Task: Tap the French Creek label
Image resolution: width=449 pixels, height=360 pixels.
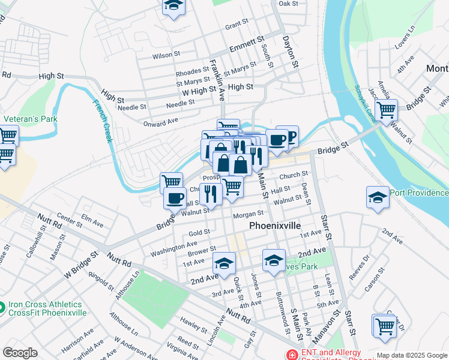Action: click(101, 121)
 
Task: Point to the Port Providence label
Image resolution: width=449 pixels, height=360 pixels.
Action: click(419, 193)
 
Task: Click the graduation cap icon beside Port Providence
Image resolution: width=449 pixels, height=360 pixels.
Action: click(378, 197)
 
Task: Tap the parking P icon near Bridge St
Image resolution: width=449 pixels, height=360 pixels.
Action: click(289, 136)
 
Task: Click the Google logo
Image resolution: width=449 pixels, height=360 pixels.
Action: click(20, 353)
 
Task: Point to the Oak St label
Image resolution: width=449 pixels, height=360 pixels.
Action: click(288, 4)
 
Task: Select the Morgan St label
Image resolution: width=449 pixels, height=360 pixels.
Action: click(249, 214)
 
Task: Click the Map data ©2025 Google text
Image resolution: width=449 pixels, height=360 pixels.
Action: click(412, 355)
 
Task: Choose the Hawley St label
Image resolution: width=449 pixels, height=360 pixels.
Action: click(193, 325)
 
